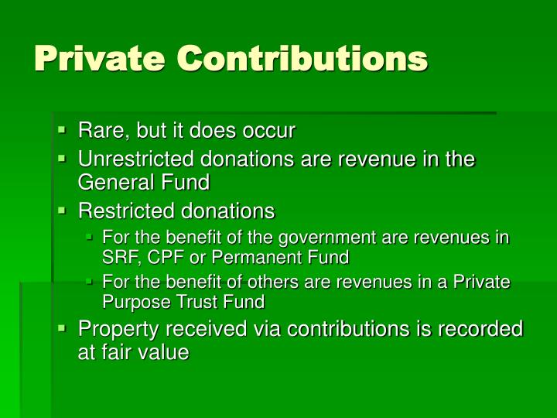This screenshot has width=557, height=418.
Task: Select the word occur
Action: tap(271, 131)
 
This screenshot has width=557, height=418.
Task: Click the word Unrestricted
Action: tap(138, 159)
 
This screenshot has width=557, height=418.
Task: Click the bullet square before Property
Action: tap(63, 329)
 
